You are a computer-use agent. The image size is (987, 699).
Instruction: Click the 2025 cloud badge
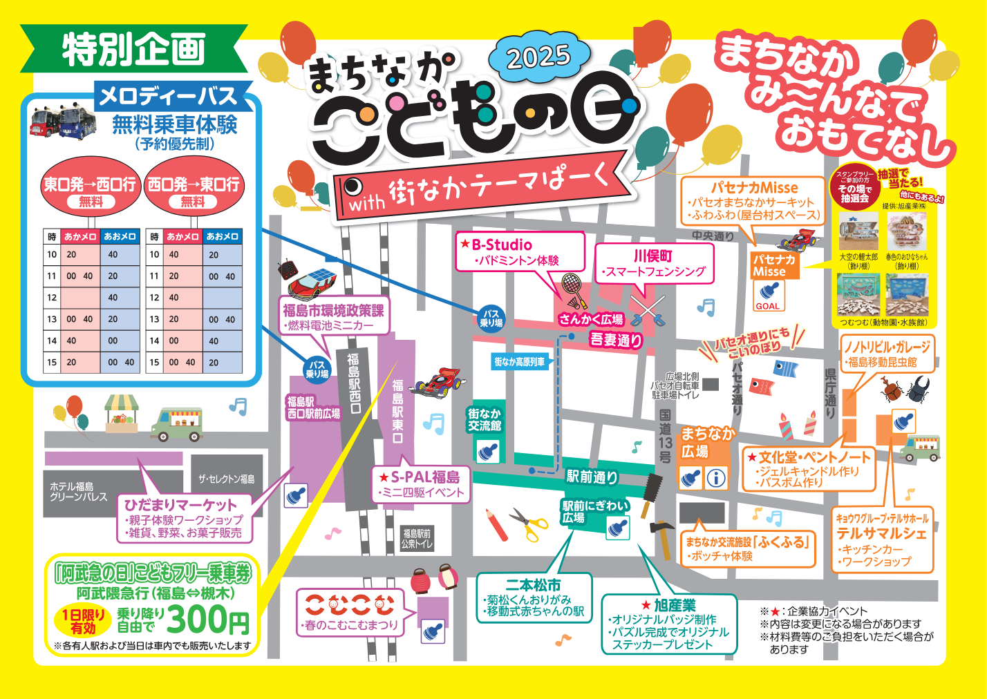538,57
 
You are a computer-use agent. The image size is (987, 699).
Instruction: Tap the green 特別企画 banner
134,49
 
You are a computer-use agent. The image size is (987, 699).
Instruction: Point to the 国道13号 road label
665,436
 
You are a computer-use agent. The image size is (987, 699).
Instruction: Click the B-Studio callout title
501,245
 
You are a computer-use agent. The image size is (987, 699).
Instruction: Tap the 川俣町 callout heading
652,256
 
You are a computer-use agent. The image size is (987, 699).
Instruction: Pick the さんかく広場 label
591,319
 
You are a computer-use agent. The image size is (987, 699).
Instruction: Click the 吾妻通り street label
616,339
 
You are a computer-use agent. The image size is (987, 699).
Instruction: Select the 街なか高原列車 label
519,361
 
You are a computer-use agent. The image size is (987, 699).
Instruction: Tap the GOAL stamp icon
767,297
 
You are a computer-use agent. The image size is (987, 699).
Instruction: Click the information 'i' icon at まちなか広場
717,477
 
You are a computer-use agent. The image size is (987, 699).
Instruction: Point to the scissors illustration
529,524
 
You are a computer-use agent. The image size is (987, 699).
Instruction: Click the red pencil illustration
497,524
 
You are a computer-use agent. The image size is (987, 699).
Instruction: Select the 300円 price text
207,619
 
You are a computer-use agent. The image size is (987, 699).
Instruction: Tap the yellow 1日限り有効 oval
84,621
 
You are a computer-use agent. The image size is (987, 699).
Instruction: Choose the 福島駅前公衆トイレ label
417,538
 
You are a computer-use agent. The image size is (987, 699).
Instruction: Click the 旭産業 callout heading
674,605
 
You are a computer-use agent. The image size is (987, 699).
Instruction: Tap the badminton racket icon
574,289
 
